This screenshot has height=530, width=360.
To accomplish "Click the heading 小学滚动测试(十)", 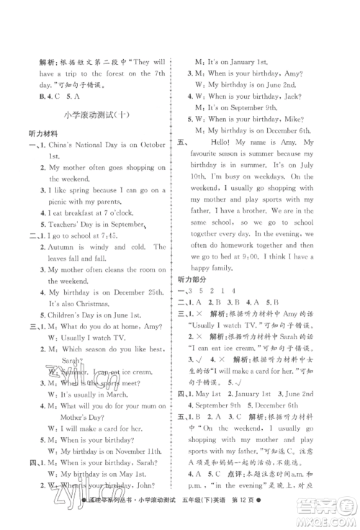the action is tap(91, 116).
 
